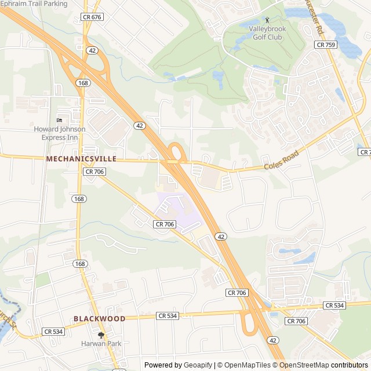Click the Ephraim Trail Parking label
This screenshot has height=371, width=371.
tap(34, 3)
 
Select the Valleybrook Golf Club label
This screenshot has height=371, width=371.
tap(265, 33)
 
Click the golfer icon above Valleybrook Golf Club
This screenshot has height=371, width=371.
tap(267, 20)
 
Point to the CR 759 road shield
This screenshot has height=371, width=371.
tap(326, 45)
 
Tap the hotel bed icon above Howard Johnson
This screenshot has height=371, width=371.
tap(59, 120)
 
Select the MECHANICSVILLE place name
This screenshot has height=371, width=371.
tap(81, 159)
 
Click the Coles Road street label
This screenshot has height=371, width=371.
tap(282, 161)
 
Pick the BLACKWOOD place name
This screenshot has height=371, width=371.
tap(99, 319)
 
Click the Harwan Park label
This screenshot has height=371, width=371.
tap(101, 344)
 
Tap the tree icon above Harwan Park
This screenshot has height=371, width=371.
tap(101, 335)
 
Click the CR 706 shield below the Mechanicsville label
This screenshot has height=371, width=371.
tap(94, 172)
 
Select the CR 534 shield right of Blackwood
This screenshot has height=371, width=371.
tap(167, 316)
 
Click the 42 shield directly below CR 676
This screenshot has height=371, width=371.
tap(93, 50)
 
